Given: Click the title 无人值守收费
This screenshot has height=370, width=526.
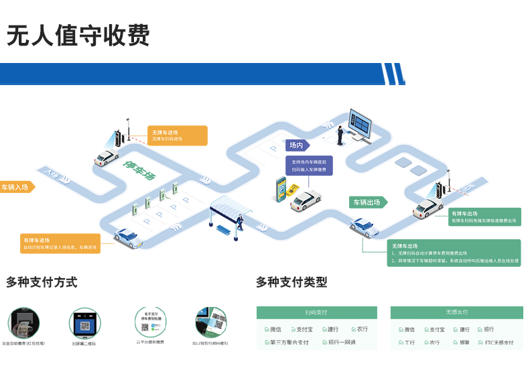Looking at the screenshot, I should tap(78, 34).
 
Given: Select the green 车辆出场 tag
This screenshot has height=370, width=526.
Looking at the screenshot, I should tap(368, 202).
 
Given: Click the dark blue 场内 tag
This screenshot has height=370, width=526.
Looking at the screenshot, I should tap(297, 145).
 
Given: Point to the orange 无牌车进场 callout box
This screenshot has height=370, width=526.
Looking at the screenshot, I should tap(177, 135).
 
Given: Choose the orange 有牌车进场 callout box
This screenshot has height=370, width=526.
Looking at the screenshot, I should tap(60, 243).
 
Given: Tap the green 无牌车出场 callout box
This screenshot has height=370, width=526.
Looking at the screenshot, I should tap(454, 253).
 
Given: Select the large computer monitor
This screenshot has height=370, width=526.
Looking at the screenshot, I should tap(359, 125).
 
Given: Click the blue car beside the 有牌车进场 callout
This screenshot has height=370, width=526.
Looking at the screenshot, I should tap(127, 236).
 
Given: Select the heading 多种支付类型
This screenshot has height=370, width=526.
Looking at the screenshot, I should tap(291, 282).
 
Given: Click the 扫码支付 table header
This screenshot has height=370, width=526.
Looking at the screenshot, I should tap(316, 312).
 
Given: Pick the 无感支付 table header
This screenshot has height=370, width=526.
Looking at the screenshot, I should tap(456, 312).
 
